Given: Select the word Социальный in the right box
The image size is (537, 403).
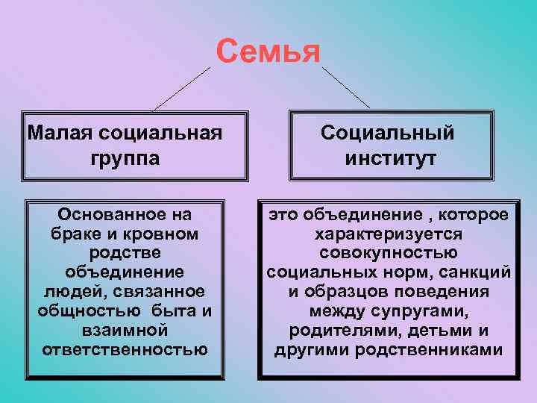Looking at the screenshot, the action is point(387,134).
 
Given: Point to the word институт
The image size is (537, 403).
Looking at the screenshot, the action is point(390,158).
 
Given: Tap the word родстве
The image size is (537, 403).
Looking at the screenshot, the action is point(125,253).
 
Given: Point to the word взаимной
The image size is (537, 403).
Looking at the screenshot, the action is point(125,330).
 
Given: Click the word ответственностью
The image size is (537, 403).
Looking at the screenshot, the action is point(125,349).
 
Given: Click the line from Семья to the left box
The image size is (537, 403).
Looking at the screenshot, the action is point(183,88).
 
